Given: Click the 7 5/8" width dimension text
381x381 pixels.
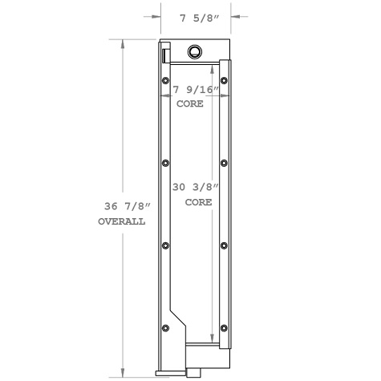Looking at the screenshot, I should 195,14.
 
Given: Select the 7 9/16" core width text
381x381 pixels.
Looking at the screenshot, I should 193,90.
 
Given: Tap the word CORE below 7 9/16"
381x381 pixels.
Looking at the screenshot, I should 190,104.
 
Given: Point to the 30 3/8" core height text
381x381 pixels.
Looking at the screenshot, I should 197,187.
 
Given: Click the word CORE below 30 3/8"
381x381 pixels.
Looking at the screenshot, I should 198,203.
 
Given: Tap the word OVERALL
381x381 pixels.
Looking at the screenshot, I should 121,222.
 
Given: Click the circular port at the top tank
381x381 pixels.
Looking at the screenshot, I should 195,53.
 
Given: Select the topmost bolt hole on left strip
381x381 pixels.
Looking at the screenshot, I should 166,80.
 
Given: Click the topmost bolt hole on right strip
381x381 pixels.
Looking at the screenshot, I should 225,80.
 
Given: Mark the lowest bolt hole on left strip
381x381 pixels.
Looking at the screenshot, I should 166,328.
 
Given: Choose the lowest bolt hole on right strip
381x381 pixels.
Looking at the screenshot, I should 225,328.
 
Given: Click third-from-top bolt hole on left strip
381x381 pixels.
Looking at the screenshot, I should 166,245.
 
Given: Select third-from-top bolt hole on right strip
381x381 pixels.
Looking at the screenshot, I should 225,245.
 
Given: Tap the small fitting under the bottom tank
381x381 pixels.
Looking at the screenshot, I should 194,372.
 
